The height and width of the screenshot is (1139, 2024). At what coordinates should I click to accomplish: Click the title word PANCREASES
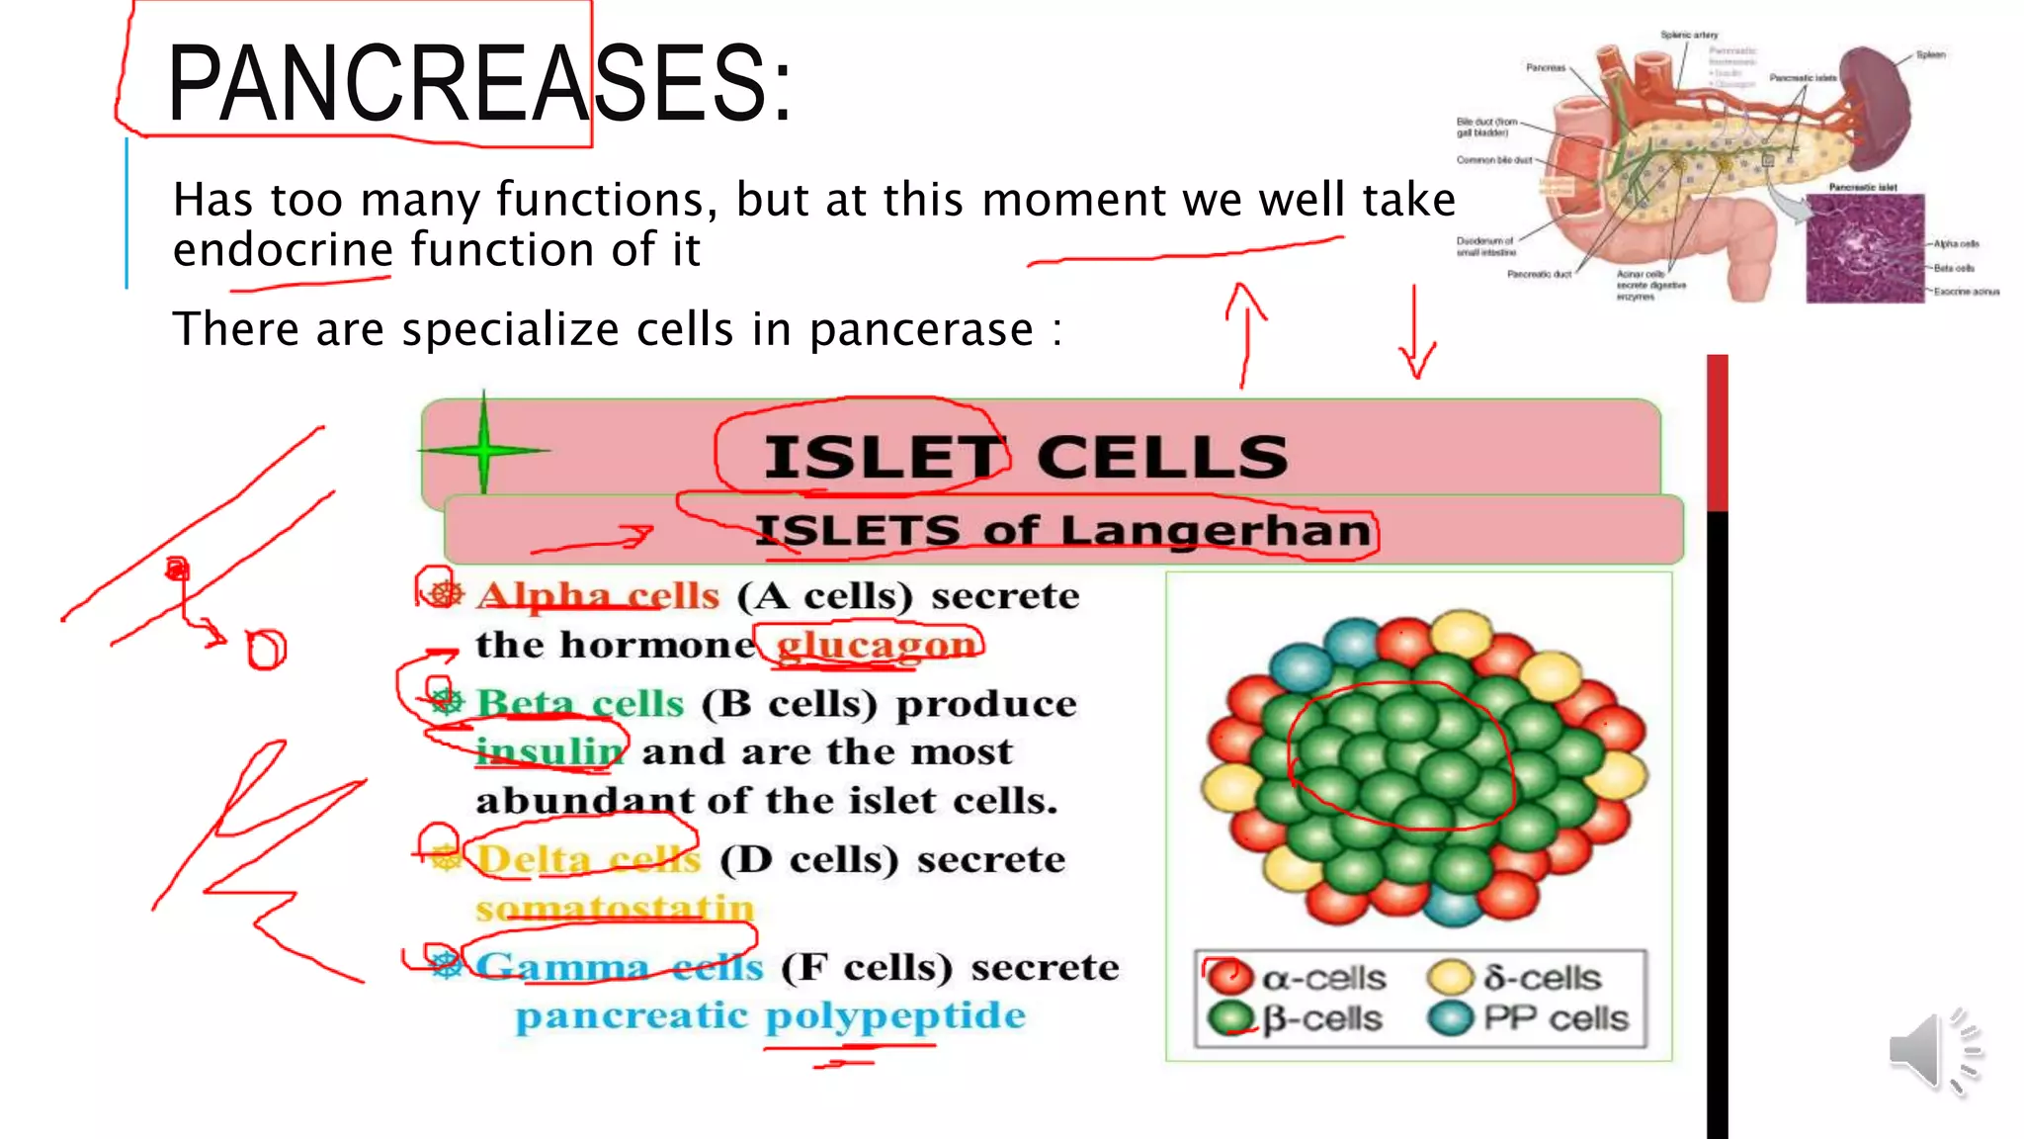click(x=479, y=84)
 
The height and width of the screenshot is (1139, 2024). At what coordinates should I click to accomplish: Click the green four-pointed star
click(x=483, y=450)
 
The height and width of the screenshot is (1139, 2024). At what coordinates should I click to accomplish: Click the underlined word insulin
click(x=549, y=752)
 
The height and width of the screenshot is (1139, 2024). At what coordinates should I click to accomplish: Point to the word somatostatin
click(x=615, y=908)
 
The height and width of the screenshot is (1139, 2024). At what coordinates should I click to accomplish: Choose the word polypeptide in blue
click(x=895, y=1016)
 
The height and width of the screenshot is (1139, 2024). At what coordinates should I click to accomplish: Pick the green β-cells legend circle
click(x=1230, y=1018)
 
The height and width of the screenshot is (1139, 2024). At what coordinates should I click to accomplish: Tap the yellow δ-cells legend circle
click(x=1451, y=977)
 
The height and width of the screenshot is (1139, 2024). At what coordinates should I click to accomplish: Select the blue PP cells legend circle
click(x=1451, y=1018)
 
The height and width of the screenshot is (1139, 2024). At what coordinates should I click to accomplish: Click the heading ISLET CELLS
click(x=1026, y=458)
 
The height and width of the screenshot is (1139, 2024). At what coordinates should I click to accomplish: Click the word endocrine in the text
click(x=284, y=249)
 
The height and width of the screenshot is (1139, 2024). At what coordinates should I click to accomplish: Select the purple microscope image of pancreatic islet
click(x=1864, y=248)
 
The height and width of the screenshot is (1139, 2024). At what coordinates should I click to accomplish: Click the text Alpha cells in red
click(x=598, y=596)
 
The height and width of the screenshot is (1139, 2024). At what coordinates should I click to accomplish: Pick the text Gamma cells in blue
click(x=620, y=967)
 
